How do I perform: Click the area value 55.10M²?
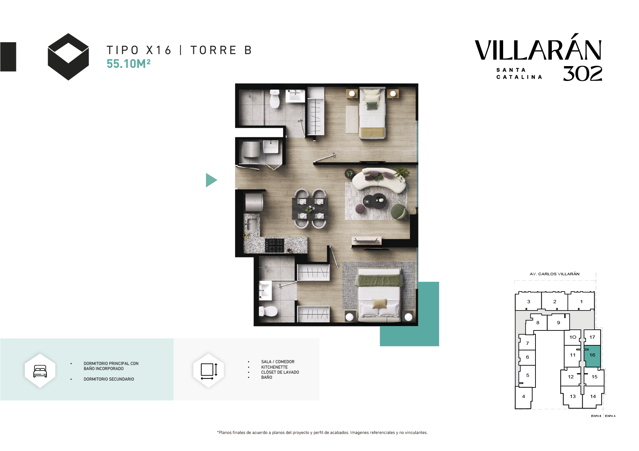click(x=129, y=64)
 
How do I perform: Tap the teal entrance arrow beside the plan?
click(x=211, y=180)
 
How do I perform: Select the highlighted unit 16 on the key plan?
click(x=592, y=356)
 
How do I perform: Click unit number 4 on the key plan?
click(x=523, y=397)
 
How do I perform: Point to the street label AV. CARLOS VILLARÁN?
click(x=554, y=274)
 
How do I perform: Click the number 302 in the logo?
click(x=583, y=74)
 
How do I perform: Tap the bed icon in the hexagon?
click(x=40, y=371)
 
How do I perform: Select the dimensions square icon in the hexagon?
click(x=209, y=371)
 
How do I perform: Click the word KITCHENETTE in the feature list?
click(x=274, y=367)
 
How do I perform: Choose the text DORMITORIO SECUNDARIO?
click(x=109, y=379)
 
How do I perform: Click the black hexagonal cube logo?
click(x=68, y=57)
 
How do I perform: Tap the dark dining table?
click(x=310, y=208)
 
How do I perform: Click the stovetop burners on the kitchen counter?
click(x=274, y=245)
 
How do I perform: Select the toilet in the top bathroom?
click(x=275, y=99)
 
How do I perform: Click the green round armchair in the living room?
click(x=398, y=212)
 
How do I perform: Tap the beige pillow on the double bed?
click(x=379, y=303)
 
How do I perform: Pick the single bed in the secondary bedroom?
click(x=372, y=113)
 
